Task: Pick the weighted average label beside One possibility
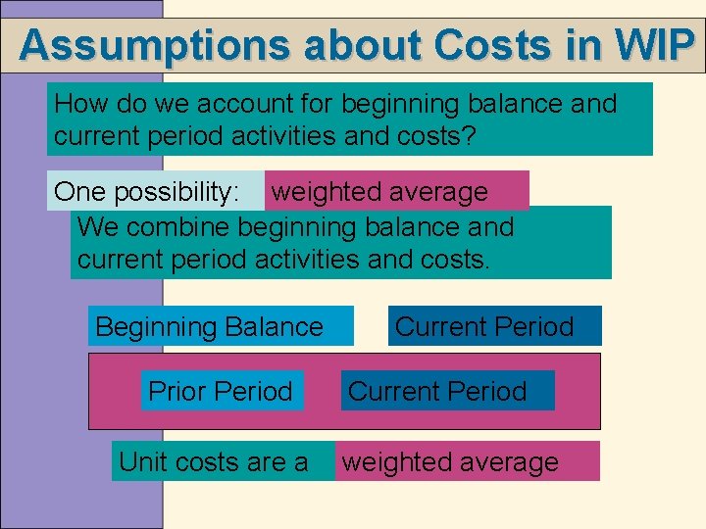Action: pos(379,192)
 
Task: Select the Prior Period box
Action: pos(221,391)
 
